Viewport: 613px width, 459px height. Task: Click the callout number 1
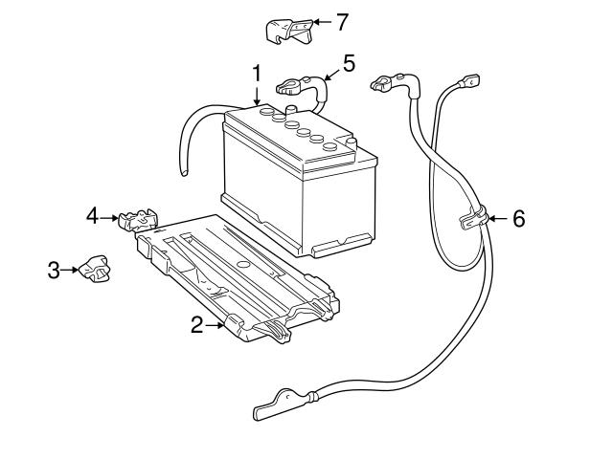pyautogui.click(x=256, y=72)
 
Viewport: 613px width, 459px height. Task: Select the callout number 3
pyautogui.click(x=55, y=271)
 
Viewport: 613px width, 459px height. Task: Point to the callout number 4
pyautogui.click(x=93, y=216)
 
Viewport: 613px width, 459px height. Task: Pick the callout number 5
pyautogui.click(x=349, y=63)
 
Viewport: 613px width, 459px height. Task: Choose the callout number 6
pyautogui.click(x=518, y=219)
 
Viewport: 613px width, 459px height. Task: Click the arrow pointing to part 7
pyautogui.click(x=321, y=20)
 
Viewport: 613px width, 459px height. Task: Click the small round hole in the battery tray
pyautogui.click(x=243, y=263)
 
